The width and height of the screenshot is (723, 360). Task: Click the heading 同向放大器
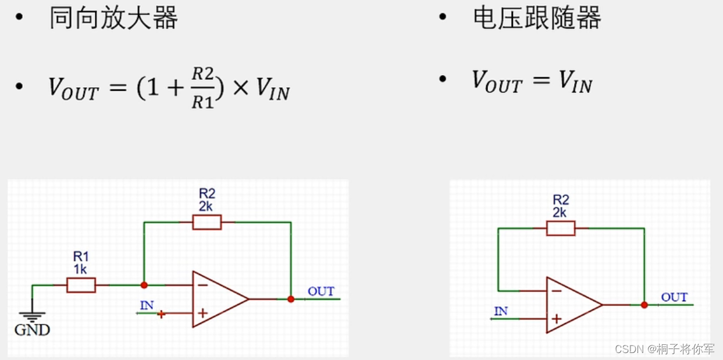click(x=113, y=19)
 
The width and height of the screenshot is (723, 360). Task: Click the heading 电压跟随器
click(x=536, y=19)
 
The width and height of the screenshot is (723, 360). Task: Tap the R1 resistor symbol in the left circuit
click(x=81, y=285)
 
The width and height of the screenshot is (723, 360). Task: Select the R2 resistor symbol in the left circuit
click(x=206, y=222)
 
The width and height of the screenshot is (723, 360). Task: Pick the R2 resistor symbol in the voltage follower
click(x=560, y=228)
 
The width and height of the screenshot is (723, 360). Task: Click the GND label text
click(x=32, y=330)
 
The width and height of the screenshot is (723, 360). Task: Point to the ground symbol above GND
click(x=32, y=316)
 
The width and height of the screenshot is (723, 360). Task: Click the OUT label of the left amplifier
click(x=321, y=291)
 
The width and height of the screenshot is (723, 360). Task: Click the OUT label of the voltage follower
click(x=674, y=297)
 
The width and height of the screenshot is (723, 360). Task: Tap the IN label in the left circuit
click(x=147, y=305)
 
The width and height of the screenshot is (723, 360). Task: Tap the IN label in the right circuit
click(x=500, y=311)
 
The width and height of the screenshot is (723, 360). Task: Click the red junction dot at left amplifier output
click(x=291, y=299)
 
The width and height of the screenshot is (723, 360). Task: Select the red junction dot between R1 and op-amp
click(x=144, y=285)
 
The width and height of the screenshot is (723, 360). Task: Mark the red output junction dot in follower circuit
click(x=644, y=305)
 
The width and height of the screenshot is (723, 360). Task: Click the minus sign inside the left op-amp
click(x=202, y=285)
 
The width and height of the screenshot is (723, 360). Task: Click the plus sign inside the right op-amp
click(x=556, y=319)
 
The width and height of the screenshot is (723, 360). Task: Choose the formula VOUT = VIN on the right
click(x=532, y=82)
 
